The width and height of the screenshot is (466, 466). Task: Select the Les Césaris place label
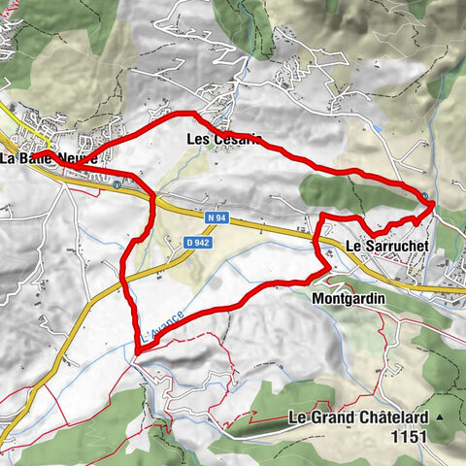click(222, 139)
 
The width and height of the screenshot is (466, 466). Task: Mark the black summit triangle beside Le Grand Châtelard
click(442, 417)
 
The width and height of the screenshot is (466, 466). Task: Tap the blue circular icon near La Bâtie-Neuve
click(117, 183)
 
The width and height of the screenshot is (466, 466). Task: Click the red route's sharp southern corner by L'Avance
click(135, 343)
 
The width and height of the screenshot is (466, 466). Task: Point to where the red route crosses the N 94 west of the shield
click(153, 200)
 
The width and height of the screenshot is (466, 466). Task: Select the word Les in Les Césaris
click(197, 139)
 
